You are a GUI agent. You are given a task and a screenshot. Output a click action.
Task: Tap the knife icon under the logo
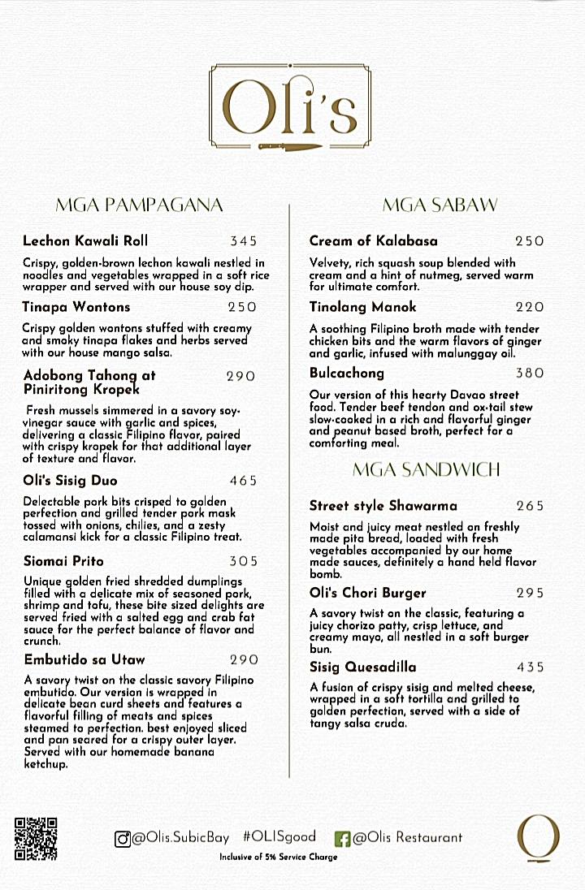(291, 145)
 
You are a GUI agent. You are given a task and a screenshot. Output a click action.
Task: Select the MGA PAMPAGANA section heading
(138, 205)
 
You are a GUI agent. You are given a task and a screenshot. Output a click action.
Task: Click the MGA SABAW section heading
(440, 205)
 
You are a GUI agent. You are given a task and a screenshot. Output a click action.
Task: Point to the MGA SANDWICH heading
(427, 469)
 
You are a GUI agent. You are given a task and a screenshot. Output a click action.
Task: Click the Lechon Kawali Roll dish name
(85, 240)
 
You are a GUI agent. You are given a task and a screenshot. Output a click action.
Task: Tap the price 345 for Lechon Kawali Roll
(243, 241)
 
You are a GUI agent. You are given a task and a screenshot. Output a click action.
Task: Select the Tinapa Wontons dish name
(76, 307)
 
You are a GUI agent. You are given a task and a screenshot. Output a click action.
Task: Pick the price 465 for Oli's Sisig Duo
(243, 481)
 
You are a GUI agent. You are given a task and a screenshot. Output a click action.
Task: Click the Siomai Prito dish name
(64, 561)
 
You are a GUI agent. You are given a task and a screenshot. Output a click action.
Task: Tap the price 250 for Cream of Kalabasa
(530, 241)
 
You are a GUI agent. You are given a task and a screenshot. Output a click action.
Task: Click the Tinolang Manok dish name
(363, 307)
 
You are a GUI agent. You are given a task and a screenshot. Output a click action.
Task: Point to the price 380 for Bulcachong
(530, 374)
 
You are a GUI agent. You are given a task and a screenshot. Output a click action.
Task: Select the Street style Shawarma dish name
(383, 506)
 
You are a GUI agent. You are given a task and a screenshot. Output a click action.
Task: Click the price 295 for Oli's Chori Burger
(530, 594)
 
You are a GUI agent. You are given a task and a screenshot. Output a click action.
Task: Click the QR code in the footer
(36, 837)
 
